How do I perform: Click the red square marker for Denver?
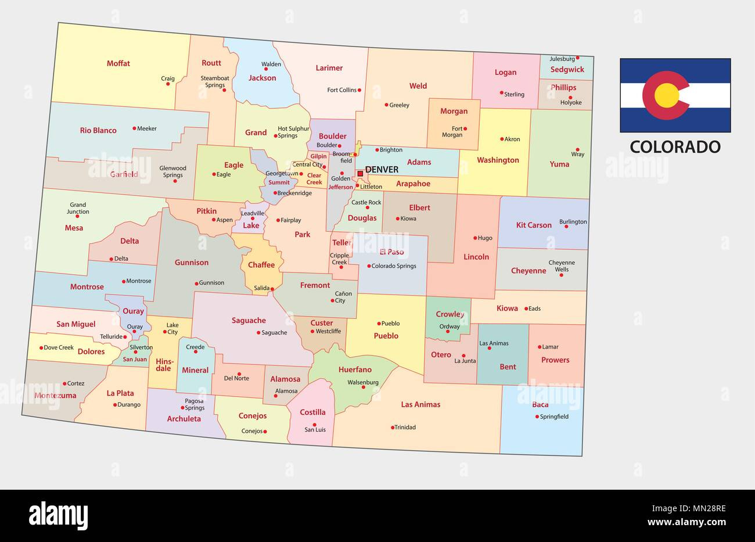pos(360,173)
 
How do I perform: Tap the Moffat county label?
pos(118,63)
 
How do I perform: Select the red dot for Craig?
pos(168,84)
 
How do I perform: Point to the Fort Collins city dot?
pos(359,90)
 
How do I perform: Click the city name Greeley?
pos(399,105)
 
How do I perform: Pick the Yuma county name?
pos(559,164)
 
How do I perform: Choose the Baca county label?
pos(540,404)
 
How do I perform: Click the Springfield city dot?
pos(537,417)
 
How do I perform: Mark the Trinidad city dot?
pos(393,428)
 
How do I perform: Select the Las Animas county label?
pos(420,404)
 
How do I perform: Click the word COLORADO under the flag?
pos(675,146)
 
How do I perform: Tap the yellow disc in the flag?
pos(667,95)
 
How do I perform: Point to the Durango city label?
pos(129,404)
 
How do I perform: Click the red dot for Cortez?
pos(64,383)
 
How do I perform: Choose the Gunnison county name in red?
pos(192,263)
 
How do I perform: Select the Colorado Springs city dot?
pos(369,266)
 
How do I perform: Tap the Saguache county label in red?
pos(249,320)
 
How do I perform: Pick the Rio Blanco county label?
pos(98,130)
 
